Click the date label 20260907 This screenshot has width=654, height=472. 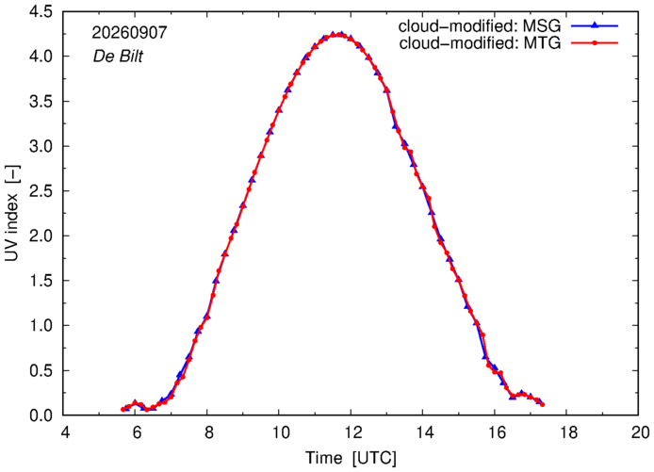point(129,33)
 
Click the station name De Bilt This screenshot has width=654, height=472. point(118,57)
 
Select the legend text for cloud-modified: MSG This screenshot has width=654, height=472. point(480,26)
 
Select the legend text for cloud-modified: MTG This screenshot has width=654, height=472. point(480,43)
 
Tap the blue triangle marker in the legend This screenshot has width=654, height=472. point(595,25)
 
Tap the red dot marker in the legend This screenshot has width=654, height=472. point(595,42)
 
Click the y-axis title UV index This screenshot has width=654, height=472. point(12,213)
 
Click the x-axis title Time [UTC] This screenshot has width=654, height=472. point(351,458)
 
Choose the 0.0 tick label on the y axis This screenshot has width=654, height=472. point(41,415)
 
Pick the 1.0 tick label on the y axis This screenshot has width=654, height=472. point(41,326)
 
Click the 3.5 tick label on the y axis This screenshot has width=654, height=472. point(41,102)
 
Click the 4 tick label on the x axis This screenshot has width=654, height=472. point(65,432)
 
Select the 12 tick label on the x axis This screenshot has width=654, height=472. point(352,432)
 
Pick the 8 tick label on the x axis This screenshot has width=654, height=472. point(208,432)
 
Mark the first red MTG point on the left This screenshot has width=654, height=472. point(123,410)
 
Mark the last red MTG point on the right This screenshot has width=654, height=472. point(542,404)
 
